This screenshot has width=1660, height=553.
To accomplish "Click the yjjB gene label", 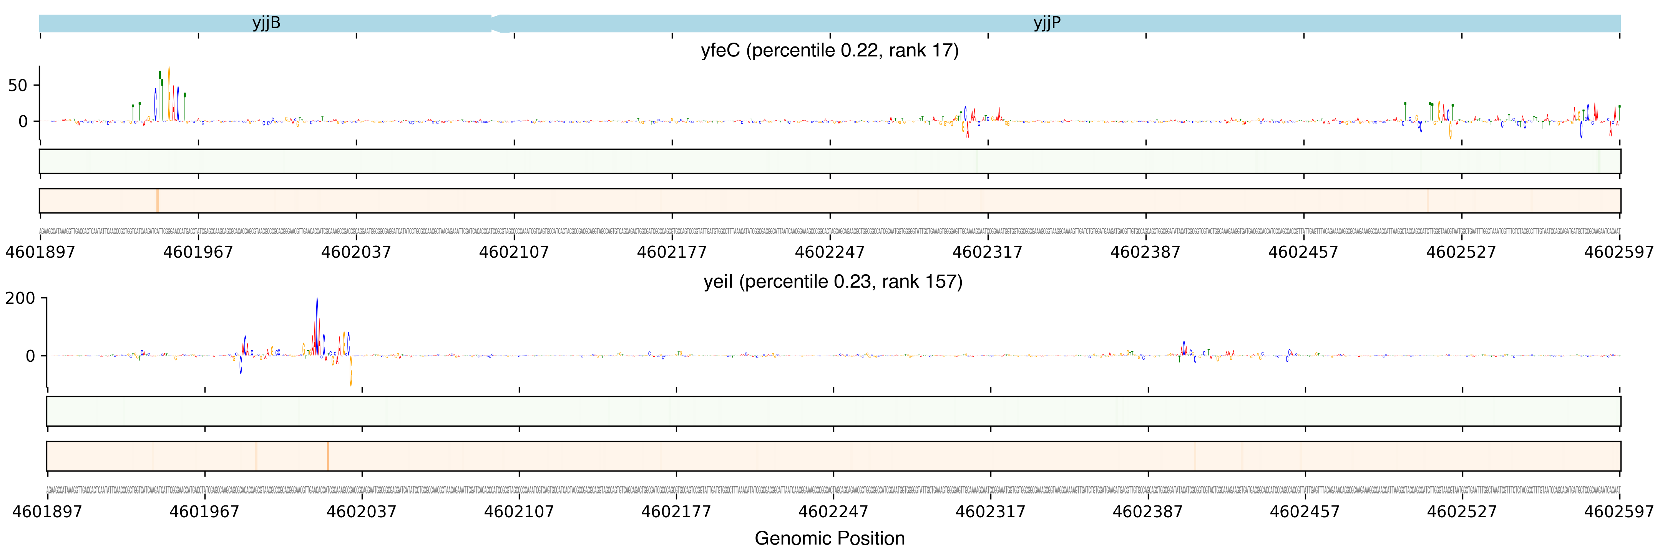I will (x=266, y=23).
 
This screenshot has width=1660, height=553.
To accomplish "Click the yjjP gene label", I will (x=1046, y=23).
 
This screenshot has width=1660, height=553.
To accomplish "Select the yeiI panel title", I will (x=833, y=281).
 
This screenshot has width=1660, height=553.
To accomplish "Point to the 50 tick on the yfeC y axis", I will (x=17, y=86).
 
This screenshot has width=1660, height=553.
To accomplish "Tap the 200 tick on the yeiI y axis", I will (x=21, y=298).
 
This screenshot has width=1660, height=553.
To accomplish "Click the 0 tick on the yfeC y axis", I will (x=23, y=121).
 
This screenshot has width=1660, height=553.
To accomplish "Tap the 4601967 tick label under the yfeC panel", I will (x=198, y=252).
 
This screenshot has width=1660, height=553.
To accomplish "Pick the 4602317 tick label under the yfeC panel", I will (x=987, y=252).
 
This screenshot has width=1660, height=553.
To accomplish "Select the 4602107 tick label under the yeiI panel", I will (x=519, y=512).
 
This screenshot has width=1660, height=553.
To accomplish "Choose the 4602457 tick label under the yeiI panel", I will (x=1304, y=512).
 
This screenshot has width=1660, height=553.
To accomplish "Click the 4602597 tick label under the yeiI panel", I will (x=1619, y=512).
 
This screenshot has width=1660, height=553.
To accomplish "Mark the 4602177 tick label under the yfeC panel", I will (x=671, y=252).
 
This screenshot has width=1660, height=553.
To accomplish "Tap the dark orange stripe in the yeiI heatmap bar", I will (x=328, y=456).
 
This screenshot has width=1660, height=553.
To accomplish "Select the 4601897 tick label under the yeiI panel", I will (x=47, y=512).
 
